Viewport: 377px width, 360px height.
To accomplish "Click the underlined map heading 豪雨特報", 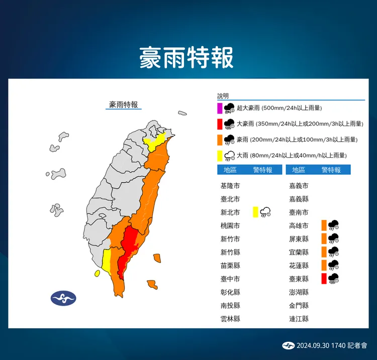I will coord(124,104).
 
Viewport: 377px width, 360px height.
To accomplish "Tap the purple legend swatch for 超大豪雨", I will coord(220,108).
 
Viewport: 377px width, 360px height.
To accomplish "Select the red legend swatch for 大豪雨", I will coord(220,124).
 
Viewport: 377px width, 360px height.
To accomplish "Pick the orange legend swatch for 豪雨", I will coord(220,139).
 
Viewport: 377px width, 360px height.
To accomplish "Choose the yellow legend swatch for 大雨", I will coord(220,155).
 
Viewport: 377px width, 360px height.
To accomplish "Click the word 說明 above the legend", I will coord(223,95).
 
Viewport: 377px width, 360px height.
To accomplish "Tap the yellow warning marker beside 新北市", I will coord(256,212).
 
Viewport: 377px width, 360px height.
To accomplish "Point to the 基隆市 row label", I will coord(230,186).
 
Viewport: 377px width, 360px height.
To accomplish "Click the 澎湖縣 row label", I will coord(299,292).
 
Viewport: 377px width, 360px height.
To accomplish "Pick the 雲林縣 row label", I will coord(230,318).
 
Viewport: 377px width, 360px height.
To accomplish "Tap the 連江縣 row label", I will coord(299,318).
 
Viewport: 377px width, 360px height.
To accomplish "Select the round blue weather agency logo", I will coord(63,298).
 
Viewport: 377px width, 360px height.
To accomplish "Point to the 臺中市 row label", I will coord(230,279).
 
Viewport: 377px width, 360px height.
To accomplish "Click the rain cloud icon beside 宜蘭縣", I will coord(333,252).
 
